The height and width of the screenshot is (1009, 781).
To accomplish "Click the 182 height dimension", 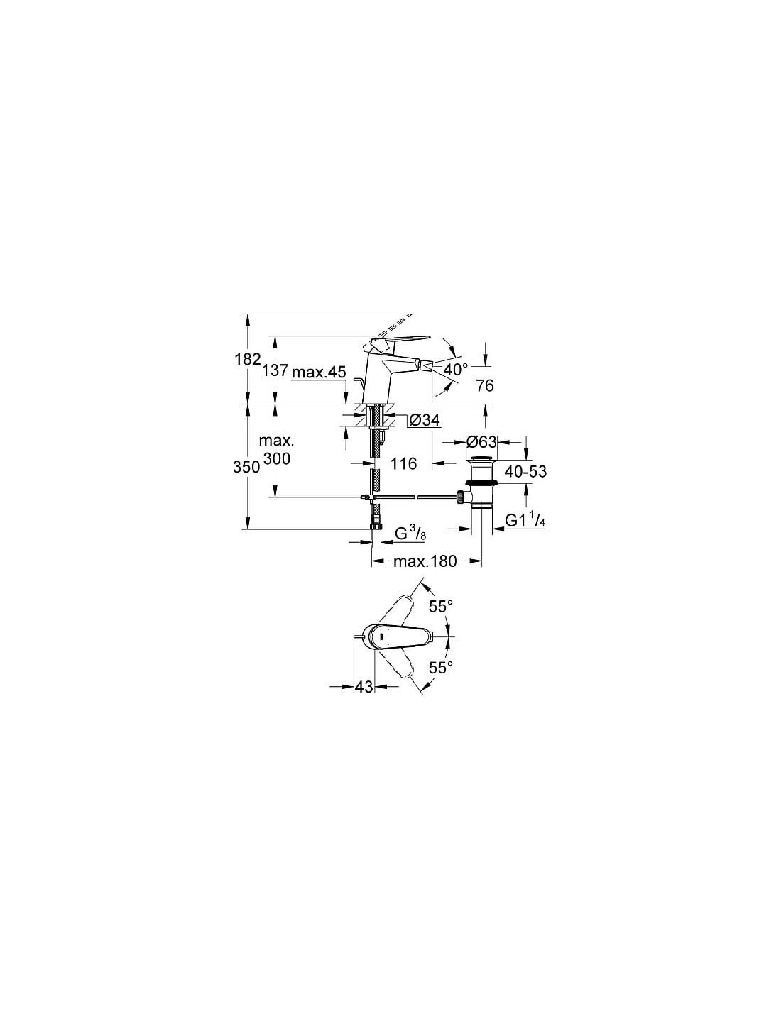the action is (x=247, y=359).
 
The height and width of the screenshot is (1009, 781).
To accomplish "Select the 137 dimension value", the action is (x=275, y=370).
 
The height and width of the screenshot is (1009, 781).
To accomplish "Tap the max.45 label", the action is (x=319, y=372).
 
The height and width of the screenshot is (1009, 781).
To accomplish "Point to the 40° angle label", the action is (x=455, y=370).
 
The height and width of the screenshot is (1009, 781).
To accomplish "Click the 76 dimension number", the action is (x=485, y=385).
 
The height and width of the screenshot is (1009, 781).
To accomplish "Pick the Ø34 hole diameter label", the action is (x=424, y=420).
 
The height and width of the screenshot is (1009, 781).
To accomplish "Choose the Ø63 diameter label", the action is (x=481, y=441).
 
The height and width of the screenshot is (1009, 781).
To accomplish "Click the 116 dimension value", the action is (x=403, y=463).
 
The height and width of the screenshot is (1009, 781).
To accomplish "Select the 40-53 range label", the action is (x=525, y=472).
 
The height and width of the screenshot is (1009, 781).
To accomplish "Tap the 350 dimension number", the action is (x=246, y=467).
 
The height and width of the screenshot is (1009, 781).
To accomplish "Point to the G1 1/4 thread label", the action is (x=525, y=521).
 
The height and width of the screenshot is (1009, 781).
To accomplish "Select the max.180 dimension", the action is (x=425, y=561).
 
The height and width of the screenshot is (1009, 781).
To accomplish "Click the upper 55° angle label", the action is (x=440, y=607).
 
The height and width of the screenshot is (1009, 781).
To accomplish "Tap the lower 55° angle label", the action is (x=440, y=668).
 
